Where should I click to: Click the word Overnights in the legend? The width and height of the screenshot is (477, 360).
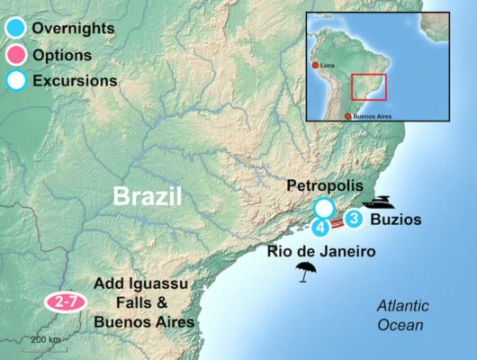point(73,28)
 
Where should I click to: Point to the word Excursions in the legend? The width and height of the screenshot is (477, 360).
point(75,80)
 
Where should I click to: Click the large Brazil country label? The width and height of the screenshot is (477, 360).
point(147,196)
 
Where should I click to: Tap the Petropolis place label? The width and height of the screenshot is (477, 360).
point(325,185)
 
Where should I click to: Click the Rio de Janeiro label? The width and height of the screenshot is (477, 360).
point(320,250)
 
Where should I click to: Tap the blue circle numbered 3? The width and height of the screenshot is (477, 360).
point(354,218)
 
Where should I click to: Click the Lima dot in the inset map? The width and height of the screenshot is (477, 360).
point(314,65)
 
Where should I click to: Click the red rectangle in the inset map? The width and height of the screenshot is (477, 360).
point(369,87)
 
